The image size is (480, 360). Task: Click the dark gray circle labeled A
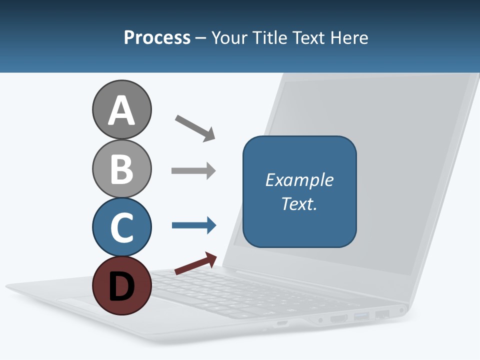tap(121, 109)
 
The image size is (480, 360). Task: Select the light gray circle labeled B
tap(121, 168)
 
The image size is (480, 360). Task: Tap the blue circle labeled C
tap(121, 227)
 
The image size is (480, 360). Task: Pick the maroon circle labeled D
tap(121, 285)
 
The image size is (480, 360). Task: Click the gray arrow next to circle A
tap(195, 128)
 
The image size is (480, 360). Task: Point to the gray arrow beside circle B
tap(193, 171)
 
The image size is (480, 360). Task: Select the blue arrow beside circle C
tap(194, 225)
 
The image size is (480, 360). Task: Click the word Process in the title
tap(157, 37)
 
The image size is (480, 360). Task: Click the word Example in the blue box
tap(299, 180)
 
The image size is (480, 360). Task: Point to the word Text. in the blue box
tap(299, 203)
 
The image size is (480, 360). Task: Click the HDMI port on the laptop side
tap(339, 318)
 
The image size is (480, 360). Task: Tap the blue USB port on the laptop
tap(361, 316)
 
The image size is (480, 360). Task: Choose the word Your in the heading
tap(229, 37)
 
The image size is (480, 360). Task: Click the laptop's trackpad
tap(80, 302)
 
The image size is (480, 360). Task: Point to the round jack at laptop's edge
tap(401, 310)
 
